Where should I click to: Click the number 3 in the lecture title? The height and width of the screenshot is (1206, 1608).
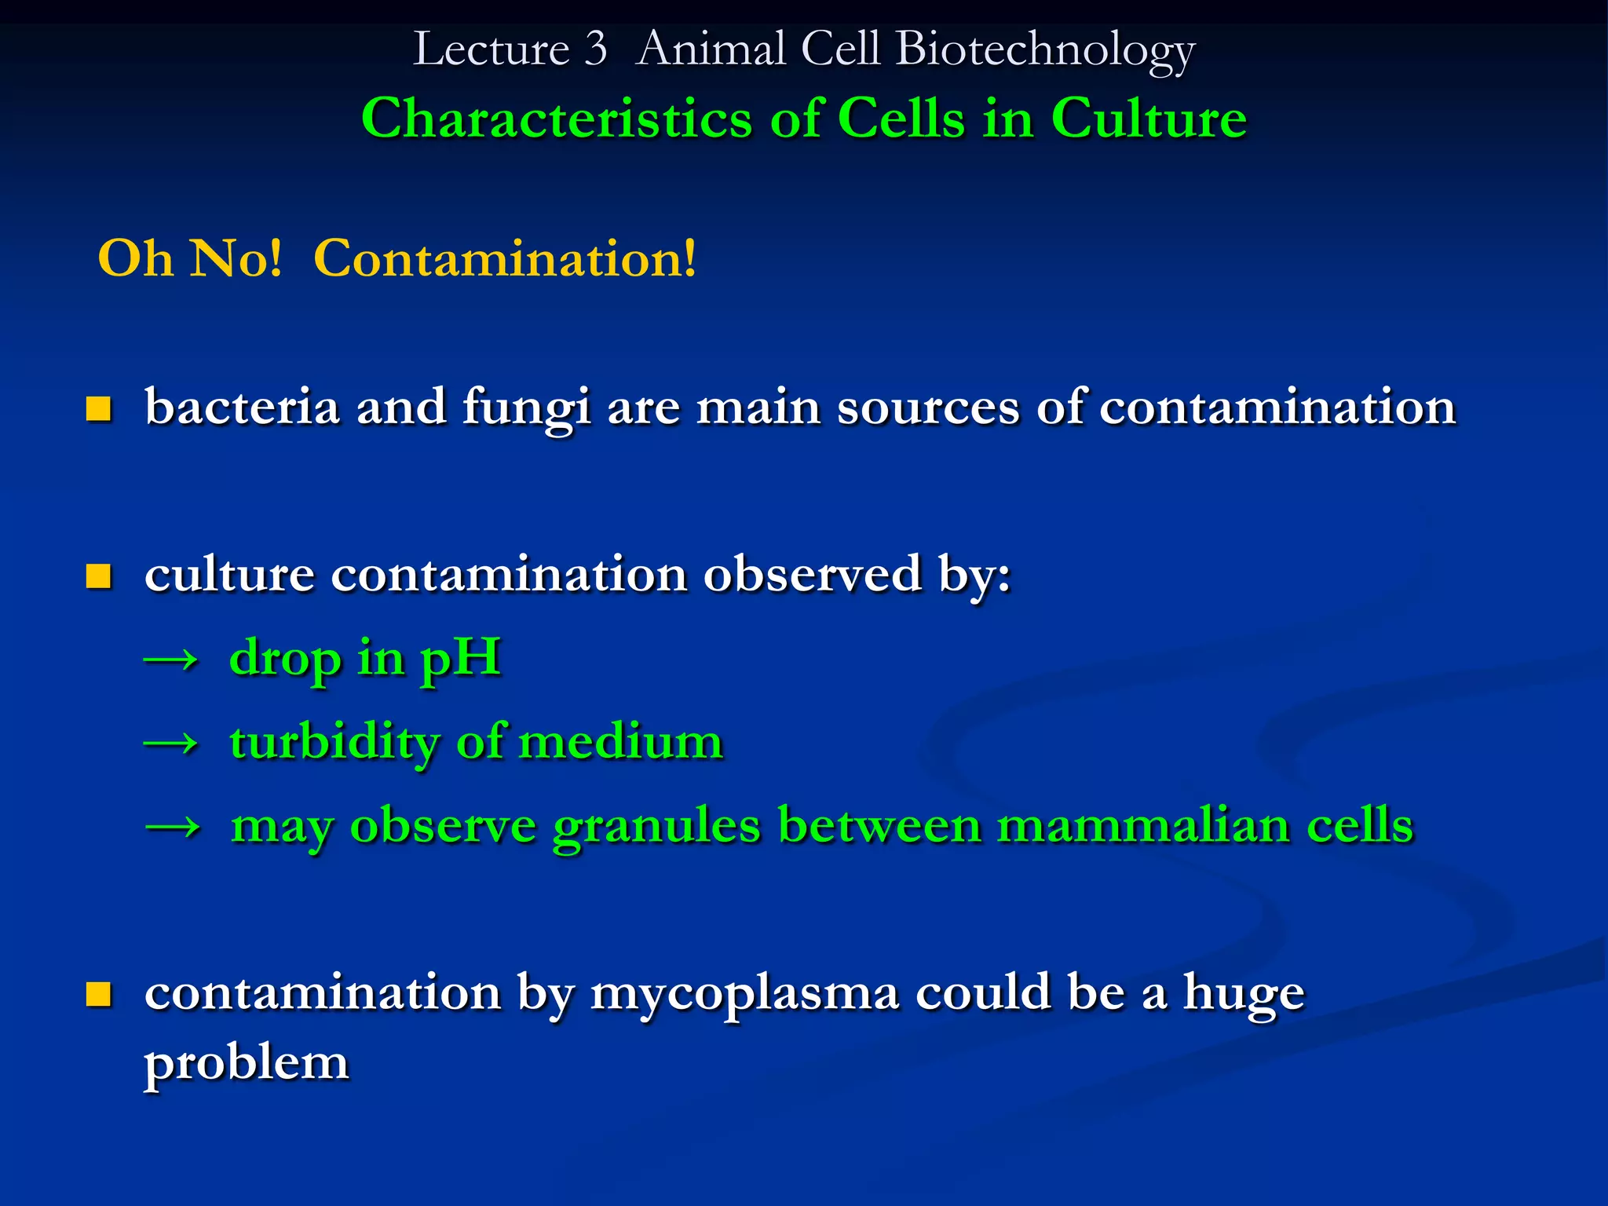pos(596,49)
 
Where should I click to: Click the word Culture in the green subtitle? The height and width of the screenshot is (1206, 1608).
pos(1148,119)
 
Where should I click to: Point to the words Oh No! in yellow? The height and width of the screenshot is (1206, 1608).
pos(189,258)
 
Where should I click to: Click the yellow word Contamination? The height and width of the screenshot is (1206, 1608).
pos(504,258)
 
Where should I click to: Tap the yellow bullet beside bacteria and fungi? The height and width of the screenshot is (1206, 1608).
pos(99,409)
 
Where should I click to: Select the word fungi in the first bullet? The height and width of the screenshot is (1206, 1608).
pos(525,408)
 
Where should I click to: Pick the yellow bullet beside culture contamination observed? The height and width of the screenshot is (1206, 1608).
pos(99,576)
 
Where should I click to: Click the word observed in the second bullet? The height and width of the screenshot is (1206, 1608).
pos(812,574)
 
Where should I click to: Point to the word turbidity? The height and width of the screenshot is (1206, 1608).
pos(334,742)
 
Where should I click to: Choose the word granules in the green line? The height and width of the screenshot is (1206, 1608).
pos(656,827)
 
